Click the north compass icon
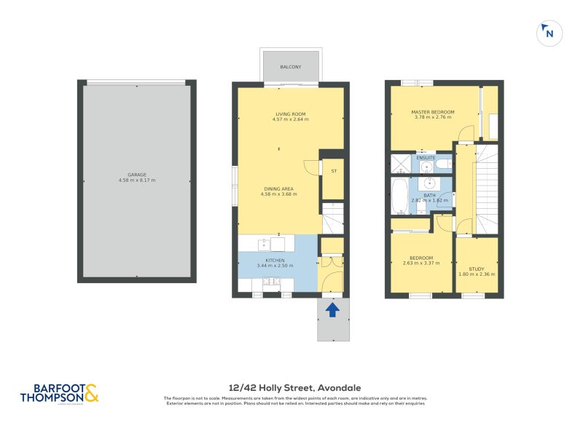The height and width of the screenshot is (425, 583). coord(548,33)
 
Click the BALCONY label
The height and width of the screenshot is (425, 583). coord(291,68)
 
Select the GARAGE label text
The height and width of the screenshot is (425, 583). coord(137,175)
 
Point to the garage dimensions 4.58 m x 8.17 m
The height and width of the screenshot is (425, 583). coord(137,180)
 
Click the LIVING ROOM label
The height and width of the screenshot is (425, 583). coord(290,114)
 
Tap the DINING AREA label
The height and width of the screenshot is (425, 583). coord(280,188)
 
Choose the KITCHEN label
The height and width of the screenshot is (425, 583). coord(275,260)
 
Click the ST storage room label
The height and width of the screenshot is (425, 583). coord(334,172)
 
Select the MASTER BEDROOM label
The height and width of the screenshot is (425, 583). coord(434,112)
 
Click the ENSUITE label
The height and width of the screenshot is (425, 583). coord(426,157)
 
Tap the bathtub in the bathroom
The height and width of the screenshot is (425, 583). coord(400,196)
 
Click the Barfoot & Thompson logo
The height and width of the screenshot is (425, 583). coord(59,394)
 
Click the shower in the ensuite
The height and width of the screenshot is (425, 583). coord(400,164)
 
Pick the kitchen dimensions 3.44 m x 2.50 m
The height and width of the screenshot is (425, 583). coord(275,266)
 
